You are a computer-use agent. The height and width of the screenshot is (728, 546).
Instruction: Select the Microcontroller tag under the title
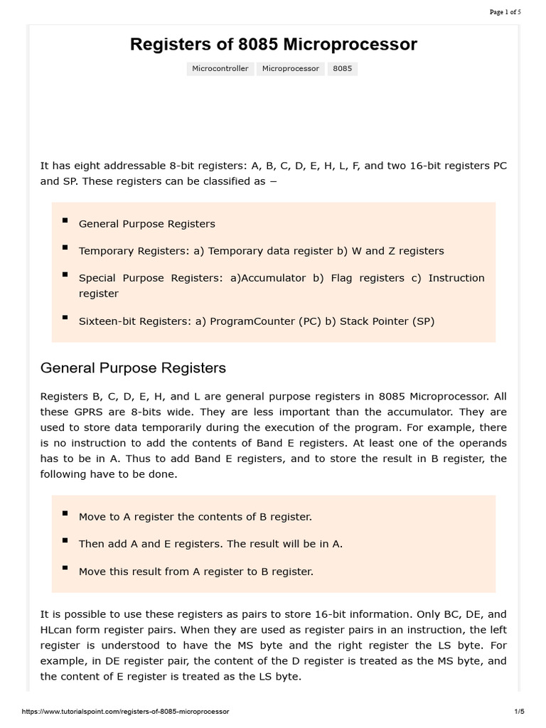click(220, 69)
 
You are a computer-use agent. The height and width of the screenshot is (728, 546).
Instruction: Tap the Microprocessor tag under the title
click(290, 69)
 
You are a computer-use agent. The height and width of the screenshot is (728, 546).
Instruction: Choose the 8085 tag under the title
click(342, 69)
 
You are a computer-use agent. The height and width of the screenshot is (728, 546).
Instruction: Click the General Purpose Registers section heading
click(133, 368)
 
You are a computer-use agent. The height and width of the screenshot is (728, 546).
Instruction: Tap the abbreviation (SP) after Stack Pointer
click(423, 321)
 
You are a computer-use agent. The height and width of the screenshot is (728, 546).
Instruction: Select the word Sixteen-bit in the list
click(107, 321)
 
